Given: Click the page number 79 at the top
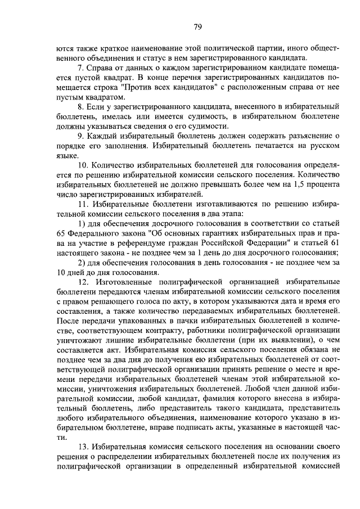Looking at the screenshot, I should (x=198, y=26).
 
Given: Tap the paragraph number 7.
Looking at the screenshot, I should (x=81, y=69).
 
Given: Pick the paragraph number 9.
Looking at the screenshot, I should (x=81, y=136).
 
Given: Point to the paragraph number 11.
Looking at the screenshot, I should (x=83, y=205).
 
